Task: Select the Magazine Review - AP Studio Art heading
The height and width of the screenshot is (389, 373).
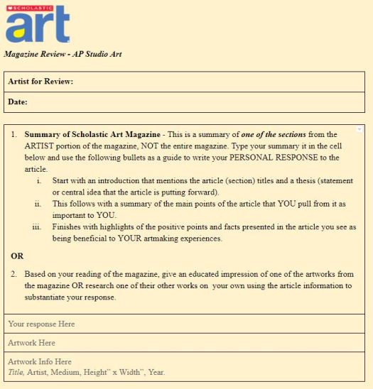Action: coord(63,54)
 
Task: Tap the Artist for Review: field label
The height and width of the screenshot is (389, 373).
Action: coord(40,82)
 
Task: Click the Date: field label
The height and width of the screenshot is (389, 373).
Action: coord(18,102)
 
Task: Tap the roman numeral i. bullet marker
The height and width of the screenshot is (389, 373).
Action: coord(38,181)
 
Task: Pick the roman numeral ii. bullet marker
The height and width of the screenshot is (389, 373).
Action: coord(38,204)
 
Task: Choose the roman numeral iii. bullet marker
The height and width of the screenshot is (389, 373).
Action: coord(37,227)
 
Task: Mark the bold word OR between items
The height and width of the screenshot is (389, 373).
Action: coord(17,255)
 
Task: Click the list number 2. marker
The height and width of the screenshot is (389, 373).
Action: coord(13,273)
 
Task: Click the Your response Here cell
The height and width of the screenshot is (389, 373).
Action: coord(41,324)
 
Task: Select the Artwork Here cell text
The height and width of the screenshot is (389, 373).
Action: coord(31,343)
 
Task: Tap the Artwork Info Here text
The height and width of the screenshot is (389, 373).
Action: coord(40,362)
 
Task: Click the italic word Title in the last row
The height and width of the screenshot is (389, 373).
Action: coord(16,372)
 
